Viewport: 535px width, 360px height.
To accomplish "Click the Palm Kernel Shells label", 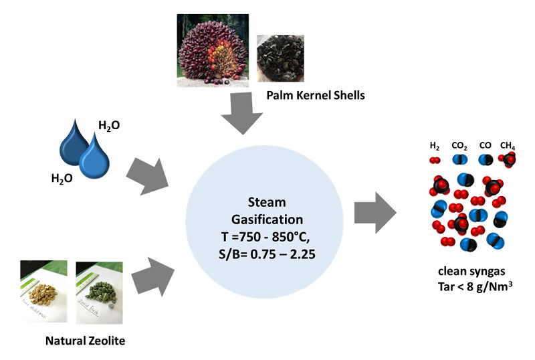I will [316, 95].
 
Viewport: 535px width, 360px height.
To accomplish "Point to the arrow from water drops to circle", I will [150, 175].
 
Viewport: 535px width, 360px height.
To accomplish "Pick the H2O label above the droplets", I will [109, 125].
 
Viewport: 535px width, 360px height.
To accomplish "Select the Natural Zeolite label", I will [85, 340].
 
